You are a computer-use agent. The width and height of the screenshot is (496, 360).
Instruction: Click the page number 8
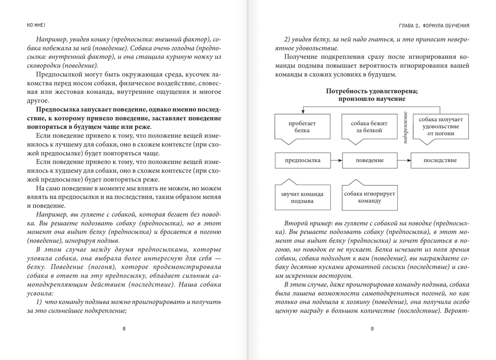pyautogui.click(x=124, y=329)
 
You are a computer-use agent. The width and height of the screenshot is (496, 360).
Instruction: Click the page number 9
pyautogui.click(x=372, y=329)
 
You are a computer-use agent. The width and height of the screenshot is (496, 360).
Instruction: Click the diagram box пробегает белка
pyautogui.click(x=302, y=127)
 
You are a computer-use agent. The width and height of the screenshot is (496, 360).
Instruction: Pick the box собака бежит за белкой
pyautogui.click(x=369, y=127)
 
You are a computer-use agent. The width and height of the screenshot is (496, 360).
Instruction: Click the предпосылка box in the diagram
pyautogui.click(x=303, y=160)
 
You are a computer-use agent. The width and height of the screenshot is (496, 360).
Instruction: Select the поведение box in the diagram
pyautogui.click(x=369, y=160)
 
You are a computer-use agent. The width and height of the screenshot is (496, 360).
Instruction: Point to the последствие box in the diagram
pyautogui.click(x=440, y=160)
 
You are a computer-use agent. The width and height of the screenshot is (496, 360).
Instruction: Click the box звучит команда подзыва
pyautogui.click(x=302, y=197)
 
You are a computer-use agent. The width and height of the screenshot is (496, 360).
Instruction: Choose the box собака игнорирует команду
pyautogui.click(x=369, y=197)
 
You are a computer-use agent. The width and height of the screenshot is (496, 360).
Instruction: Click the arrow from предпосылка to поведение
pyautogui.click(x=336, y=160)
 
